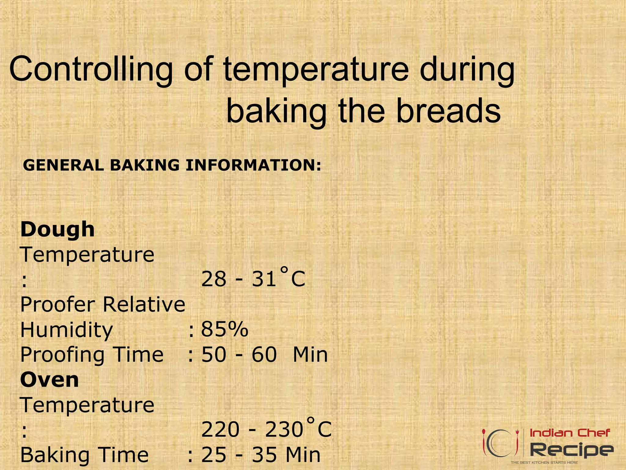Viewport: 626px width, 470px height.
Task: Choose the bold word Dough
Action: (57, 229)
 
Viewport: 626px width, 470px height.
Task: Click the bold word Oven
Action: (50, 380)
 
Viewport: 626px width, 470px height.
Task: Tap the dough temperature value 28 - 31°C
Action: (253, 278)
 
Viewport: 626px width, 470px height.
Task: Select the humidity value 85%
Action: (225, 330)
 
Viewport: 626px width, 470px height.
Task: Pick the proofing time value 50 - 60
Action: (239, 355)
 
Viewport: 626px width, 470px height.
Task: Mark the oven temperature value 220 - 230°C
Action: (266, 429)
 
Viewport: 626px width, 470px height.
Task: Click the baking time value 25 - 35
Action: (239, 455)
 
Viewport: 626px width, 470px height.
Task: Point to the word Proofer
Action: (58, 304)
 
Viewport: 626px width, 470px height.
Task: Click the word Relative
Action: (144, 304)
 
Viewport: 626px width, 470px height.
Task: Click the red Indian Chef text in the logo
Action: (570, 433)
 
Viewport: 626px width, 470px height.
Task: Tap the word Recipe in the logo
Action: (572, 449)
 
